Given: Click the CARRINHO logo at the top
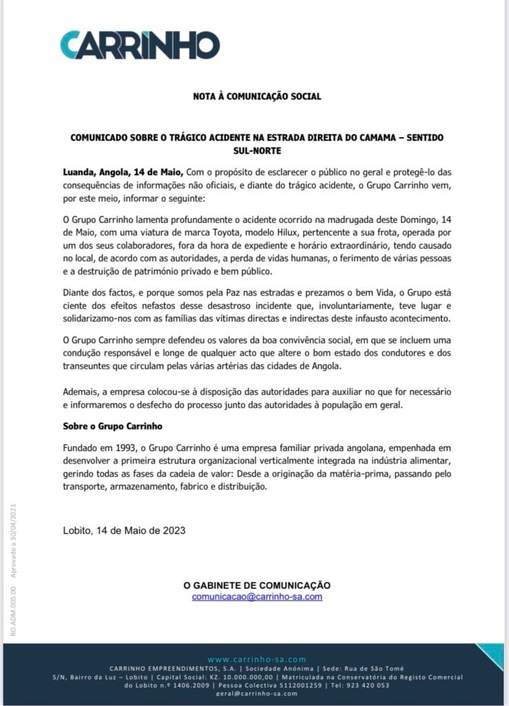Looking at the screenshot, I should (x=140, y=45).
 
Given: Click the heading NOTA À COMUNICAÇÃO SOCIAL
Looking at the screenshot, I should (x=257, y=97).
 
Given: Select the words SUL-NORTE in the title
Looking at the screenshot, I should (x=257, y=149).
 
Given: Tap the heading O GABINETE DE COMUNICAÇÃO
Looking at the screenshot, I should (x=257, y=585).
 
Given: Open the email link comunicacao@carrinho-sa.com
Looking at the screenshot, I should (x=257, y=597).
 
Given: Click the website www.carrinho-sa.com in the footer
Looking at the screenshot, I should (x=256, y=660).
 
